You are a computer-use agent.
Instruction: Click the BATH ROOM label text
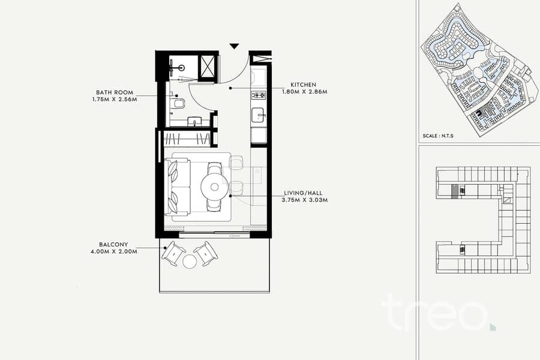(115, 92)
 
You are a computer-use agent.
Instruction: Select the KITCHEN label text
(303, 85)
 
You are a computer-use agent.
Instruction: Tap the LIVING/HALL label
(304, 193)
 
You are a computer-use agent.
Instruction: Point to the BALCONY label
(113, 245)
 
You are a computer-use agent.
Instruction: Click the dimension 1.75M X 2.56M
(115, 100)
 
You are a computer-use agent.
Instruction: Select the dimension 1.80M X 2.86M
(304, 92)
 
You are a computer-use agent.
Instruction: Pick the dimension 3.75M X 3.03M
(304, 200)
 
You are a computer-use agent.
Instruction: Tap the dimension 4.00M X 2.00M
(114, 251)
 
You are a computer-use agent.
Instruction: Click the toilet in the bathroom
(179, 103)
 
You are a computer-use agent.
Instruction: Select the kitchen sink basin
(258, 115)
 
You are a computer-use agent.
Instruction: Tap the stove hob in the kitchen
(258, 95)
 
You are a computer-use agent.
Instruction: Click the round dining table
(215, 187)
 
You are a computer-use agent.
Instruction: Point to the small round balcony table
(189, 262)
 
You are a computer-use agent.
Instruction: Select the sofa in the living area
(178, 187)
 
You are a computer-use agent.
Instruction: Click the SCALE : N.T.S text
(438, 136)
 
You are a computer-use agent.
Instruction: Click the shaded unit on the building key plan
(455, 191)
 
